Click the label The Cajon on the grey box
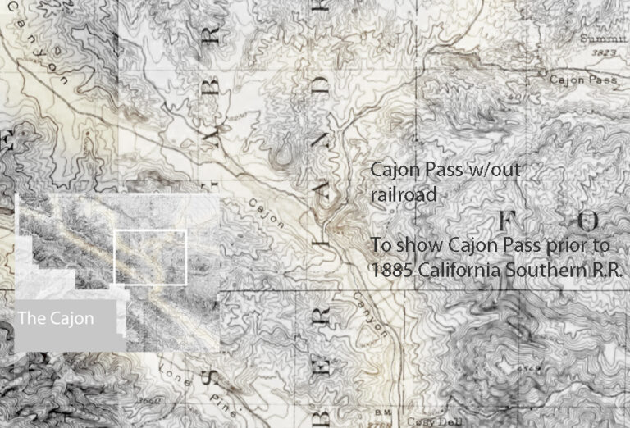(x=56, y=318)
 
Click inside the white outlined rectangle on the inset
(x=150, y=257)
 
